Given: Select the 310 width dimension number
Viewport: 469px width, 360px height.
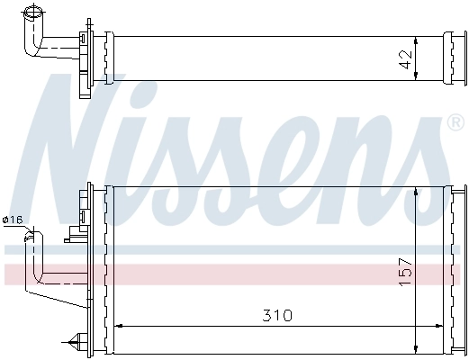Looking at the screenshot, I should pyautogui.click(x=278, y=317).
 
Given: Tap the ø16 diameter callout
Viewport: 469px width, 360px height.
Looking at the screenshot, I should pyautogui.click(x=13, y=220).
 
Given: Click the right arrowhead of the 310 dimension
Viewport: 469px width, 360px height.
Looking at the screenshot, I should pyautogui.click(x=444, y=326).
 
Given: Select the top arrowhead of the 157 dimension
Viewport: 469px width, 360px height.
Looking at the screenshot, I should pyautogui.click(x=415, y=191).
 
